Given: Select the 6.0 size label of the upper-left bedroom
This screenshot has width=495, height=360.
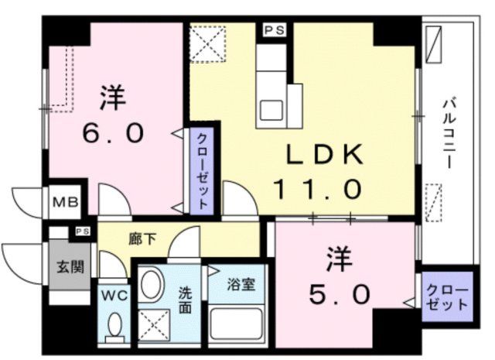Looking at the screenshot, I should click(113, 133).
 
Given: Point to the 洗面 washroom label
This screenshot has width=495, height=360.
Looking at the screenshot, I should click(185, 301).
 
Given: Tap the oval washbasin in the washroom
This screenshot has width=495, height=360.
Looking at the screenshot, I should click(152, 283).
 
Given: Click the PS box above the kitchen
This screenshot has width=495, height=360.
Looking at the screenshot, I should click(273, 32).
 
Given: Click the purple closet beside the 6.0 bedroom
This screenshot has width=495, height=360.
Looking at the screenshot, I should click(200, 167).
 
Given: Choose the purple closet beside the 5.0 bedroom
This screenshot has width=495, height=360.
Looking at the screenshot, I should click(447, 296).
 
